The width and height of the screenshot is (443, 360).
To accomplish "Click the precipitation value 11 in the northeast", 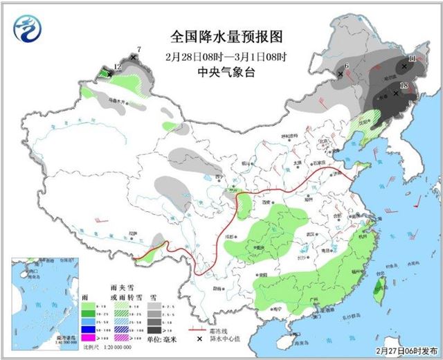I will point(412,60).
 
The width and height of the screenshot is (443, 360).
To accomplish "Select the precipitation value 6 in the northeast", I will point(345,66).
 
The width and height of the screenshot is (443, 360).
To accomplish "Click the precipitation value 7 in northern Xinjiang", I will point(138,49).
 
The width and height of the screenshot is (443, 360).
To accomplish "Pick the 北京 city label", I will point(322,141).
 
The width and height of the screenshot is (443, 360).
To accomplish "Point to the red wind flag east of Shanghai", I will point(418,203).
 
